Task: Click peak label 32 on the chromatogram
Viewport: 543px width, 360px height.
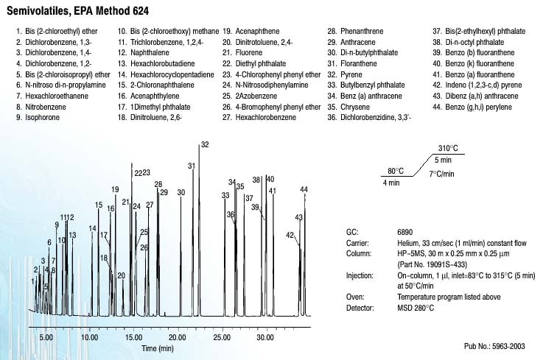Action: coord(205,145)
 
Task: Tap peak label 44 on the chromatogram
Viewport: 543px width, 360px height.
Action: coord(304,190)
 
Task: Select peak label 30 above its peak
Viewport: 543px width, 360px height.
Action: coord(181,192)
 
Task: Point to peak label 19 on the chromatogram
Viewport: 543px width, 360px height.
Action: coord(115,190)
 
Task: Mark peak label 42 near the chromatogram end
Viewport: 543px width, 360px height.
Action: coord(290,235)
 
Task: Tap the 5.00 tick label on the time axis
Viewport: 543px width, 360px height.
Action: coord(46,337)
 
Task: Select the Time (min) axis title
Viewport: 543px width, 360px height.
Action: coord(158,347)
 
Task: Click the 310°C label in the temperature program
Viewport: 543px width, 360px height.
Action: coord(448,148)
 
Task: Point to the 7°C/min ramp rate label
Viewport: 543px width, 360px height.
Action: coord(442,173)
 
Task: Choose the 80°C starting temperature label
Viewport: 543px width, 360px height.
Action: coord(396,172)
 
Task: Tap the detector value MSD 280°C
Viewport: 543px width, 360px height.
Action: coord(416,307)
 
